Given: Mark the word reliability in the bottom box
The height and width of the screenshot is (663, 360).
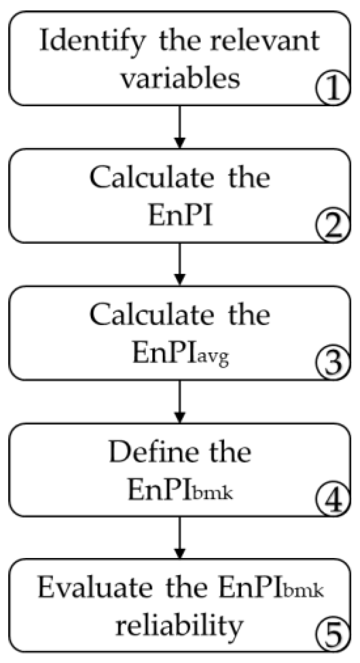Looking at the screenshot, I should pyautogui.click(x=180, y=626).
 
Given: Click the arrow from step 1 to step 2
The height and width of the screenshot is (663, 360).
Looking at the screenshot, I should pyautogui.click(x=180, y=127).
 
